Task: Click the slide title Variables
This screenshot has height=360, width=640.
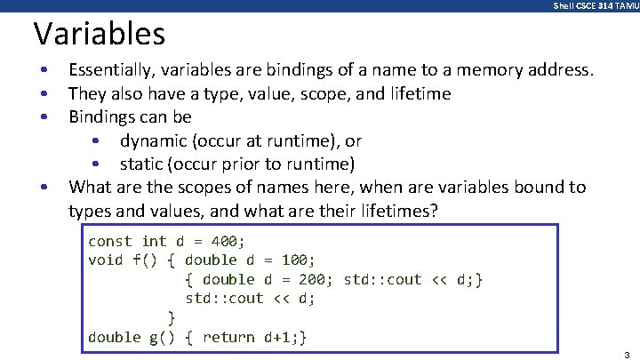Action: tap(99, 34)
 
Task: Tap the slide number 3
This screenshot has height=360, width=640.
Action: tap(627, 353)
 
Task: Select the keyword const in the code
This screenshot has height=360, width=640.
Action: tap(109, 241)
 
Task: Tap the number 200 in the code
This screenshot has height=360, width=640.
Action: tap(311, 279)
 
